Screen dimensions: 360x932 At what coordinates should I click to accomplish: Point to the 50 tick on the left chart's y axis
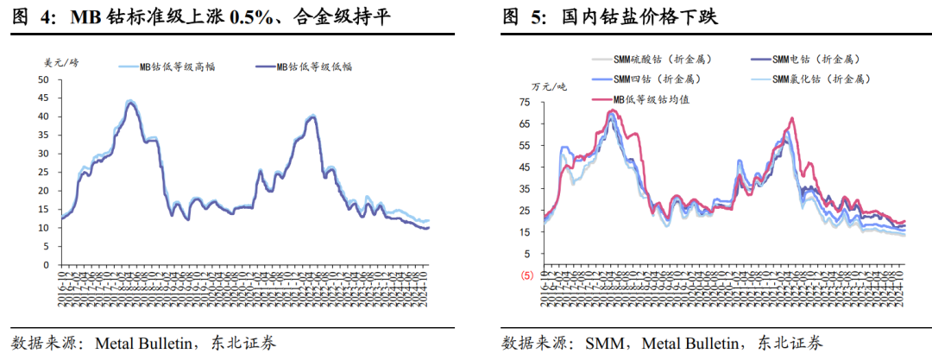click(x=43, y=79)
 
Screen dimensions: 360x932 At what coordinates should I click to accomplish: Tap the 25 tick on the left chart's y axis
click(x=43, y=172)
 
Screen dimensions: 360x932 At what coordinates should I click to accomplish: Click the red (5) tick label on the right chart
click(x=524, y=275)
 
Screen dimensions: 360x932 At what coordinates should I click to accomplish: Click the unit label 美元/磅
click(x=60, y=61)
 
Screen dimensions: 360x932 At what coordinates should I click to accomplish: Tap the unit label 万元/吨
click(x=550, y=86)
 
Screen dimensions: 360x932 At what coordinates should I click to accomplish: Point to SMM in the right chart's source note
click(x=603, y=343)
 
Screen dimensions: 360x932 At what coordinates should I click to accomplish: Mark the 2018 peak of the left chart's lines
click(x=130, y=102)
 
